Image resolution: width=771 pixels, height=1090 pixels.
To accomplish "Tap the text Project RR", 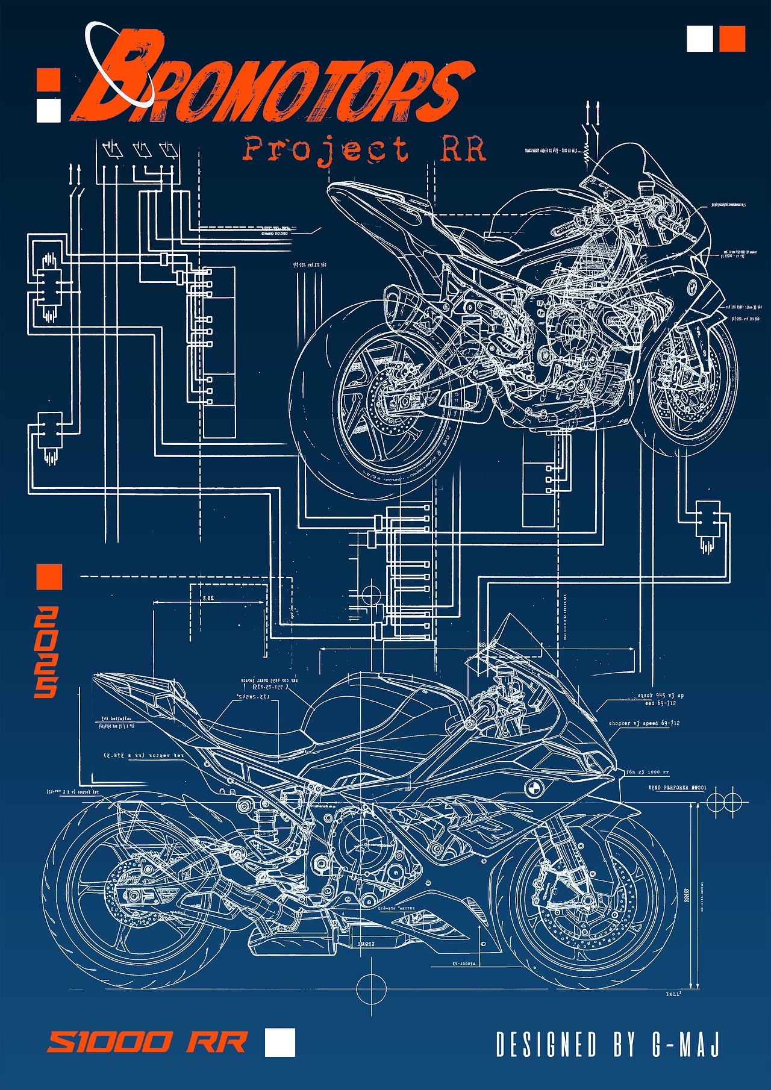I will pos(364,149).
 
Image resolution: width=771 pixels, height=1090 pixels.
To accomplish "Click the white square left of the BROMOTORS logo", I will pos(49,110).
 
